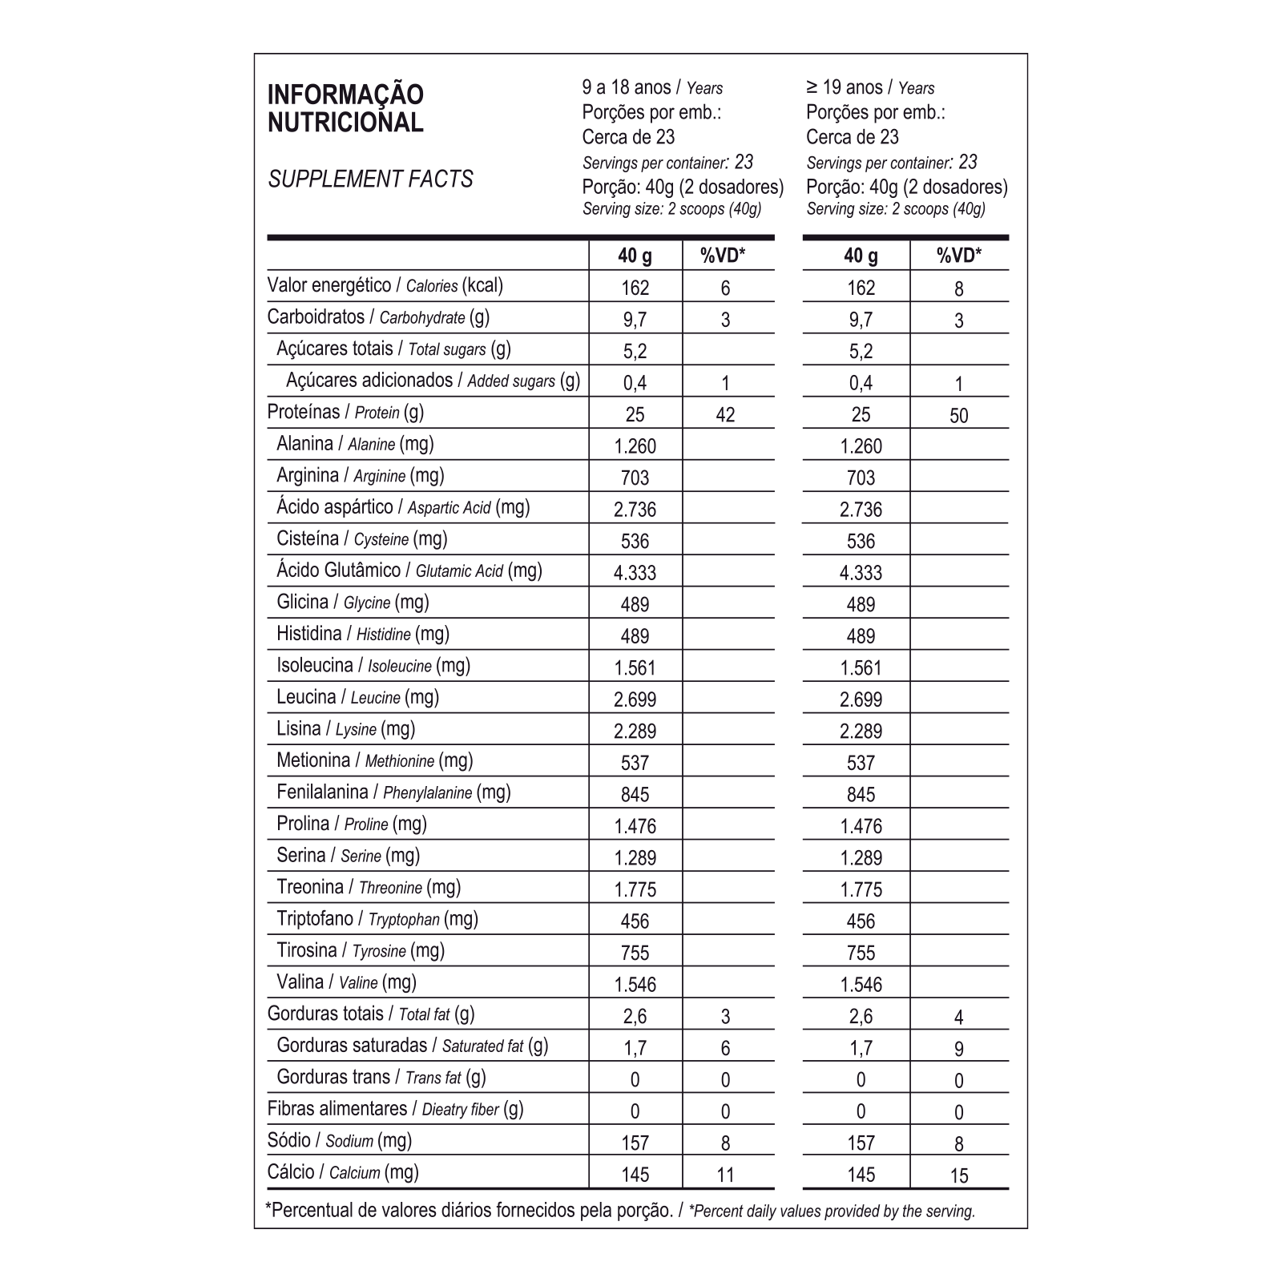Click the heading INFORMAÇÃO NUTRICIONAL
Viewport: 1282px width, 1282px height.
click(x=345, y=108)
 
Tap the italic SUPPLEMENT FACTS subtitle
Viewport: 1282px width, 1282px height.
click(x=370, y=179)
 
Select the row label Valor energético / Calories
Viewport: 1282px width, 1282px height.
click(x=385, y=285)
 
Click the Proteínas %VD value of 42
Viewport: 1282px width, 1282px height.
click(x=725, y=414)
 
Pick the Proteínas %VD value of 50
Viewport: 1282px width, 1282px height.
click(x=958, y=415)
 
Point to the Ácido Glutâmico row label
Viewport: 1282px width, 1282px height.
click(x=409, y=570)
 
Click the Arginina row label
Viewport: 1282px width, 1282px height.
click(x=360, y=475)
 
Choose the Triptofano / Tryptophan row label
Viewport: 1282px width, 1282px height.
click(x=377, y=919)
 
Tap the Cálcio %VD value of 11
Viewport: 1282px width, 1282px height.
click(x=725, y=1175)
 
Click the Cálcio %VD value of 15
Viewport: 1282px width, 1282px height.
click(x=958, y=1175)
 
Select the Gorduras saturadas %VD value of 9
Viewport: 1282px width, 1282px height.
click(x=958, y=1049)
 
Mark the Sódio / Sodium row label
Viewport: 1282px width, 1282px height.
click(x=340, y=1140)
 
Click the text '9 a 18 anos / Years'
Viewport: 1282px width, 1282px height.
click(x=652, y=87)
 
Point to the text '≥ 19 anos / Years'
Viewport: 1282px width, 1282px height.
click(x=870, y=87)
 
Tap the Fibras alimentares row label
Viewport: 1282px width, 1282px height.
click(x=395, y=1109)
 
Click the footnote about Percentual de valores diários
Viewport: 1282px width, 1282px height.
click(x=619, y=1210)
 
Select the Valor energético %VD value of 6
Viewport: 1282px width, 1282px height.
click(x=725, y=288)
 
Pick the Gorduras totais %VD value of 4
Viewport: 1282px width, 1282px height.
click(x=958, y=1017)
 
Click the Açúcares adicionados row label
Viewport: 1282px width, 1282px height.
click(x=433, y=381)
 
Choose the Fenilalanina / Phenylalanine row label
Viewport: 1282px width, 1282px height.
click(x=393, y=792)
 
